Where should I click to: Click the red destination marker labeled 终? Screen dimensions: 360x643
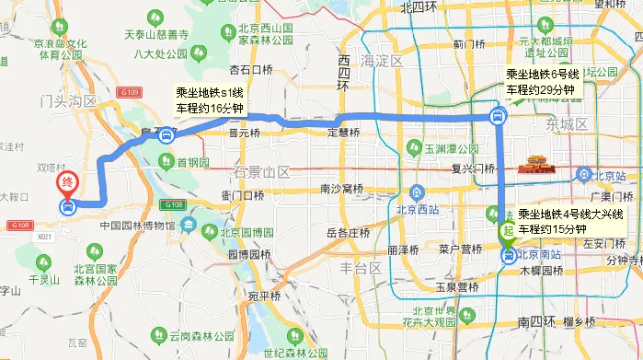click(x=66, y=182)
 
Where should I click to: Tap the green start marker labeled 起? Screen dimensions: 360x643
click(x=507, y=230)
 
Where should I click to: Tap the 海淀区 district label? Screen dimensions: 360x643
click(x=381, y=61)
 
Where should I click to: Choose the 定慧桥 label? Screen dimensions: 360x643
click(x=342, y=132)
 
